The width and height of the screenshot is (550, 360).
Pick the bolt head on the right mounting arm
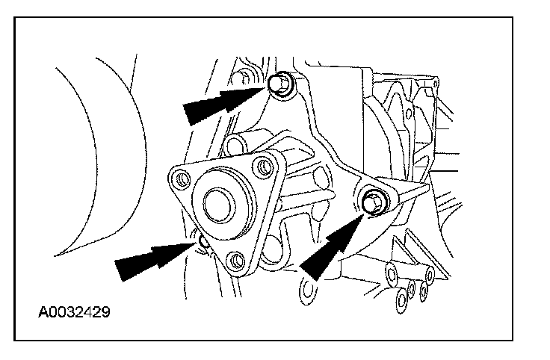click(371, 199)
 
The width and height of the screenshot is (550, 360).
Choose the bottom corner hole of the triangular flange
click(237, 261)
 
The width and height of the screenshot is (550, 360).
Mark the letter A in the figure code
click(44, 309)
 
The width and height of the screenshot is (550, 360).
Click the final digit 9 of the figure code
click(106, 309)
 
